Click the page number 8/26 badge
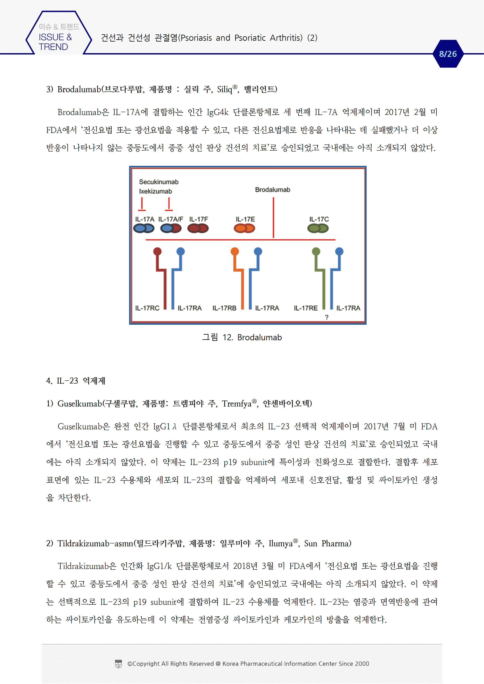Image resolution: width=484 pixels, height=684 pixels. tap(448, 54)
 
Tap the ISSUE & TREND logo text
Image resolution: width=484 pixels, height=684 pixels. tap(55, 42)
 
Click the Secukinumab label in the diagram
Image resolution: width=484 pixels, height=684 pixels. tap(159, 182)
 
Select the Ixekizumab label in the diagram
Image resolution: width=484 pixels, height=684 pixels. tap(155, 191)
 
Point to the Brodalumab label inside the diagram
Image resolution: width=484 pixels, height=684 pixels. tap(273, 190)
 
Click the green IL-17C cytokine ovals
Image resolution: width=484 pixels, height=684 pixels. tap(318, 229)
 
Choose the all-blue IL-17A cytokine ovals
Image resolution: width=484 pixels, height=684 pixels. tap(144, 229)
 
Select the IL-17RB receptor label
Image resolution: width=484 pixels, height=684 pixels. tap(224, 308)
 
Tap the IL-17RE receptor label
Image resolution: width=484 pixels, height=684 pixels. tap(306, 308)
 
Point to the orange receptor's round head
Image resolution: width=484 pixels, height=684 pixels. tap(235, 252)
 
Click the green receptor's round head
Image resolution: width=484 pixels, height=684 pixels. tap(316, 252)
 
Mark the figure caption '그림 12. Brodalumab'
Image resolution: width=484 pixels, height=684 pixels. tap(242, 337)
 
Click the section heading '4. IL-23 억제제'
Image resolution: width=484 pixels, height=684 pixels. tap(76, 381)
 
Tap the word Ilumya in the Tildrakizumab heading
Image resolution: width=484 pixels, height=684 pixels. tap(280, 543)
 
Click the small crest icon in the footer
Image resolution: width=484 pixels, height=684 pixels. tap(118, 664)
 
